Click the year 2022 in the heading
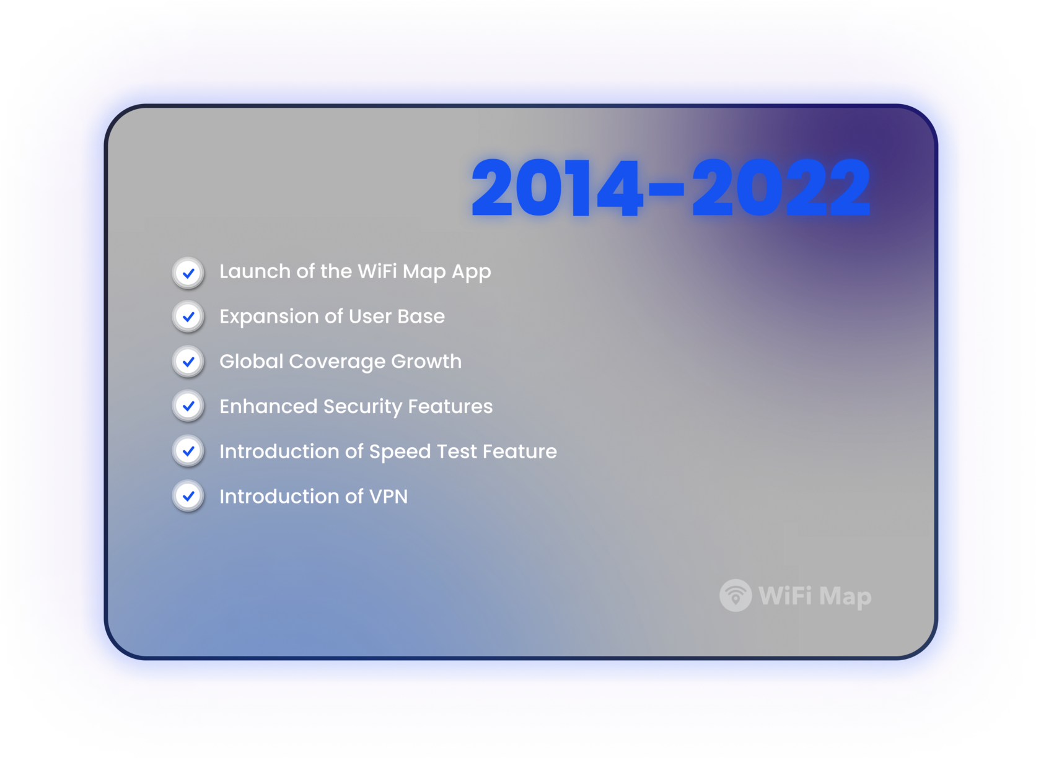click(781, 188)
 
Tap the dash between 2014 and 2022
click(668, 189)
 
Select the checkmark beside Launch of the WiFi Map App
click(188, 272)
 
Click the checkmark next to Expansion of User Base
click(188, 317)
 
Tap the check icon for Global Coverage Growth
click(188, 362)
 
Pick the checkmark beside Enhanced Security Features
click(188, 406)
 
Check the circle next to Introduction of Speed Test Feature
click(188, 451)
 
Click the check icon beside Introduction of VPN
click(188, 496)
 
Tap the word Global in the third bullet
click(251, 362)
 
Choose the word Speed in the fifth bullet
click(400, 452)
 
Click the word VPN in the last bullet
click(389, 497)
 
